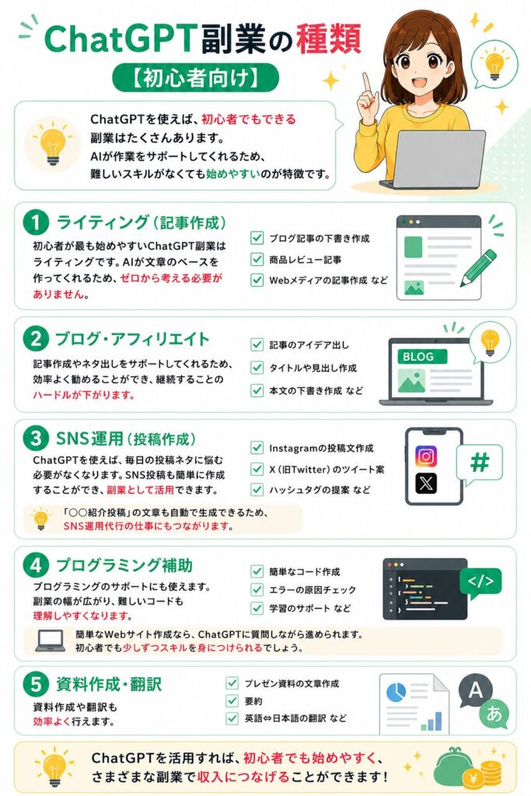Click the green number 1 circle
tap(36, 223)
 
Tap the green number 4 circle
tap(36, 566)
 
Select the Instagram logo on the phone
tap(426, 456)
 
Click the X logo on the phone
tap(426, 484)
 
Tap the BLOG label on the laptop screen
tap(418, 357)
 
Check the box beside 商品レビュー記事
tap(257, 260)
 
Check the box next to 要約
tap(232, 701)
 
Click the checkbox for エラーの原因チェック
tap(257, 590)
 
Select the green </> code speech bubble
tap(480, 582)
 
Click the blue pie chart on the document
tap(397, 691)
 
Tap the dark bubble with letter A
tap(475, 691)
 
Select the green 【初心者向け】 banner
tap(195, 78)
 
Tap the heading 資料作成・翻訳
tap(109, 684)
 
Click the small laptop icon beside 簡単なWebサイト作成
tap(51, 641)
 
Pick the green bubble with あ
tap(494, 713)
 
